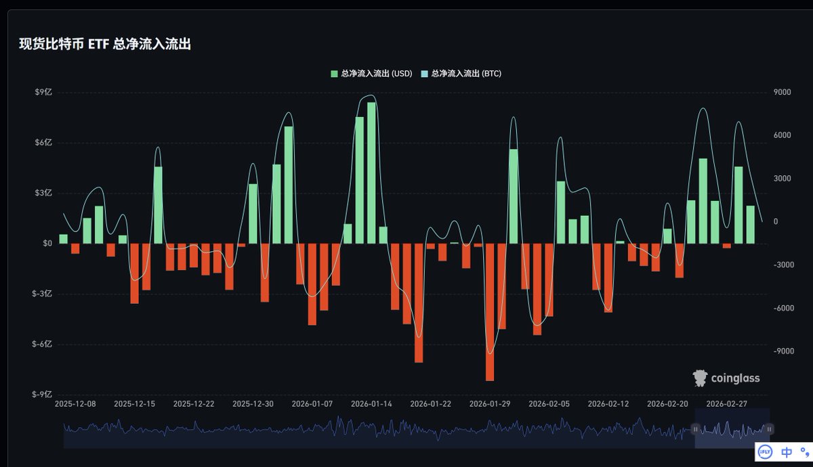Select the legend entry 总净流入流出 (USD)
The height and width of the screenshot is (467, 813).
(371, 73)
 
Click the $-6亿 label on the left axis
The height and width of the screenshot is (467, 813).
(42, 344)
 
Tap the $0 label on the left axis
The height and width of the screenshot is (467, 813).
(47, 244)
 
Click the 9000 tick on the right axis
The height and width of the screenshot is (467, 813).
(781, 92)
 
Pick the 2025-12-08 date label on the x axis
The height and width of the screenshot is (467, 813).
(75, 404)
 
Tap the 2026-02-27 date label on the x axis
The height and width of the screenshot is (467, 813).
(727, 404)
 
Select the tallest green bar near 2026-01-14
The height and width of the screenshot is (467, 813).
(371, 173)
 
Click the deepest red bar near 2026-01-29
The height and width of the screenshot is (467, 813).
(490, 311)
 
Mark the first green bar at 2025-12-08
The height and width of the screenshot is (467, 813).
(64, 239)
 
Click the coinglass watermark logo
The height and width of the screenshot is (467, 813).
(726, 378)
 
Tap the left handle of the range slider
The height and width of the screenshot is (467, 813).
(695, 428)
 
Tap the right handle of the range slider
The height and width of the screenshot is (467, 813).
(770, 428)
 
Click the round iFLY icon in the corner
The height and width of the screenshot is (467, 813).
(764, 451)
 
